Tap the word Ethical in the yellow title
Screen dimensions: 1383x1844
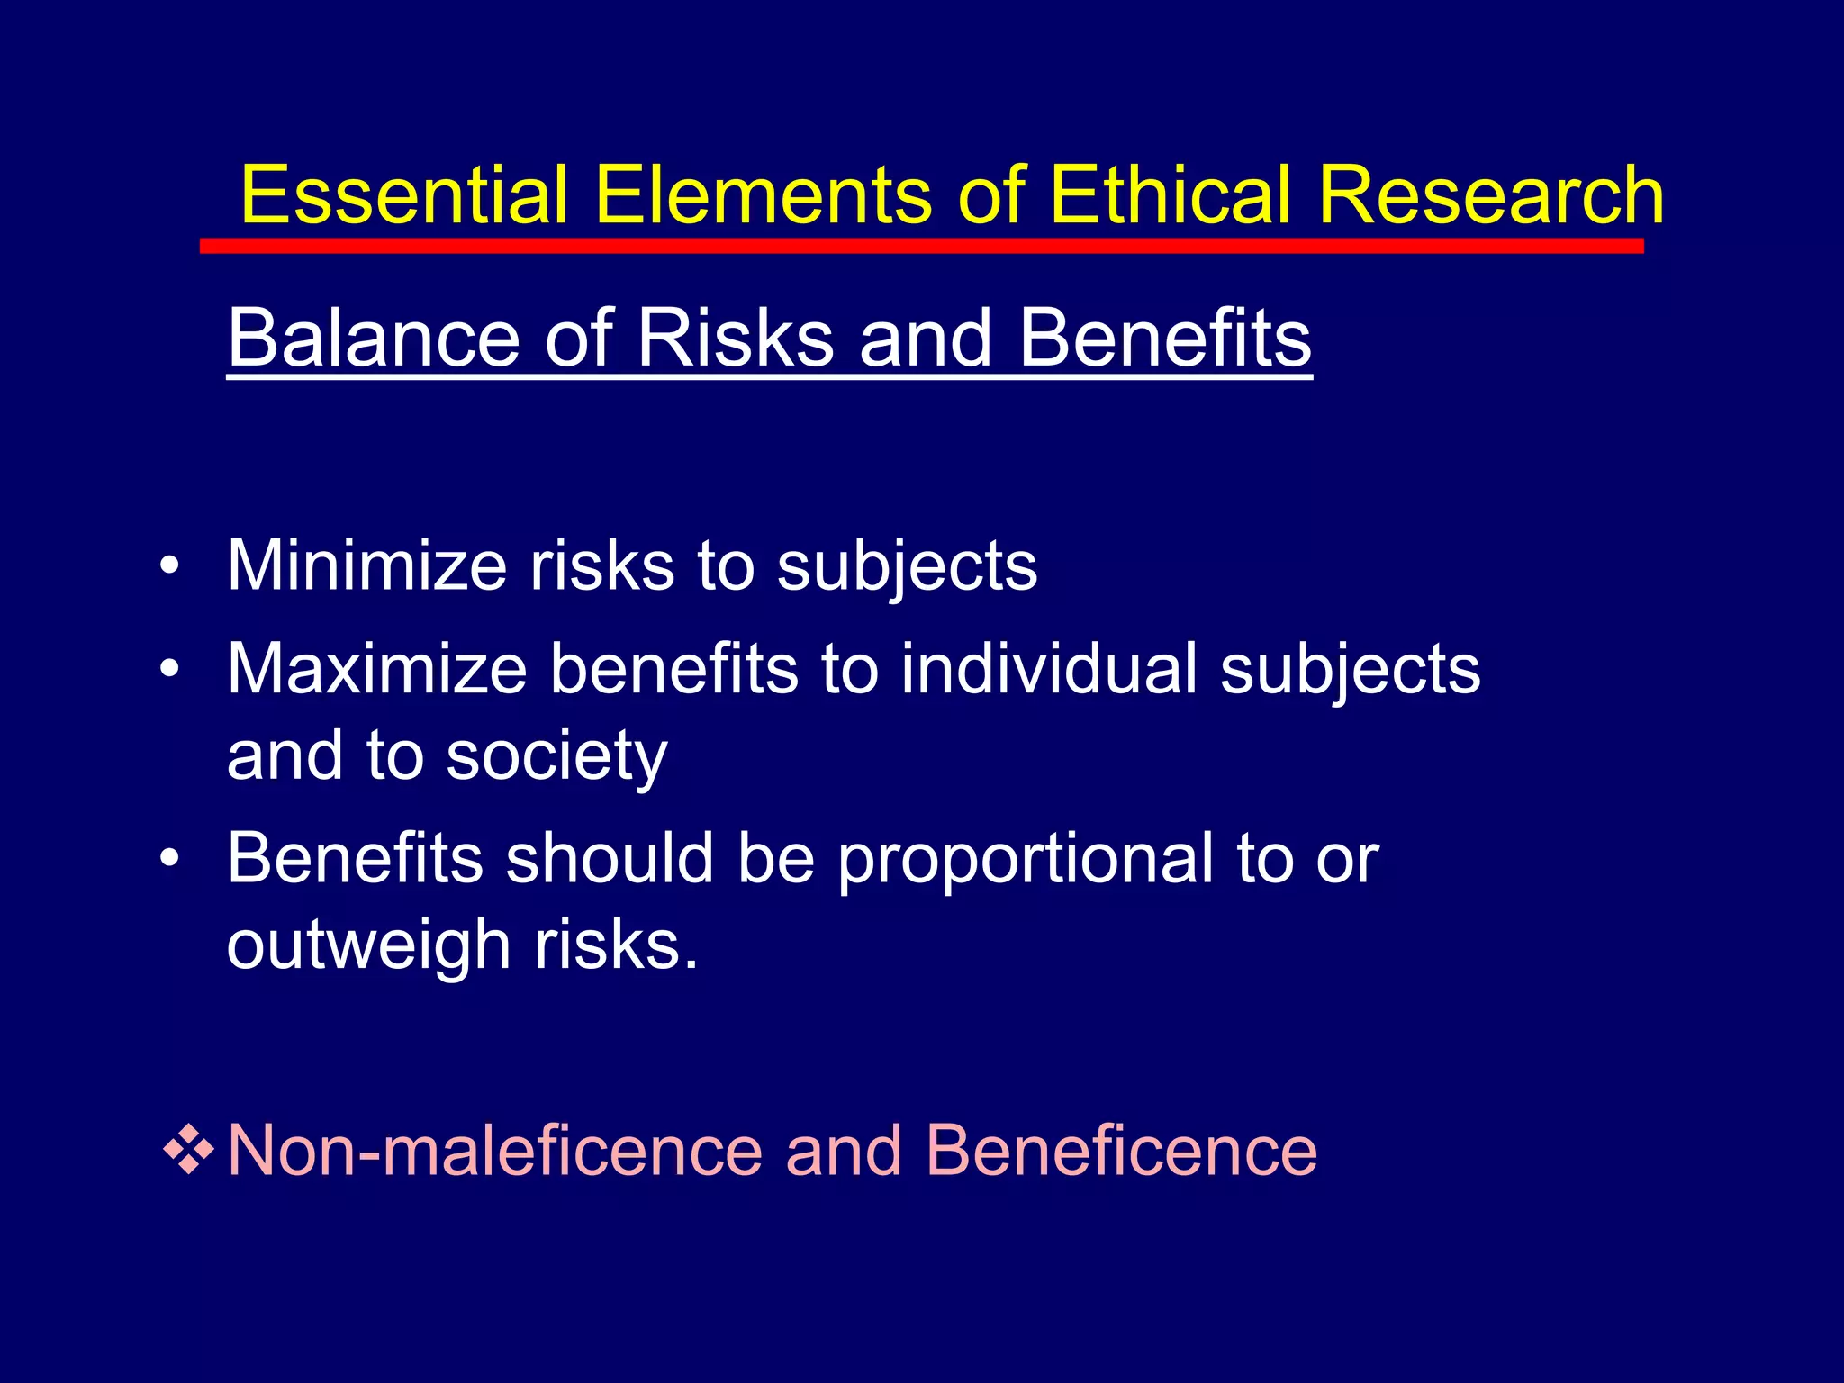click(x=1171, y=195)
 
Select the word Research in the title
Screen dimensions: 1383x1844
click(x=1490, y=195)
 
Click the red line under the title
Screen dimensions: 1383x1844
click(x=921, y=246)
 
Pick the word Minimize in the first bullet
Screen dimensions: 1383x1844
click(x=367, y=565)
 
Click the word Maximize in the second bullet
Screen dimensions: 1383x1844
click(x=376, y=669)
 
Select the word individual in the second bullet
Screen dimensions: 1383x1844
click(x=1050, y=669)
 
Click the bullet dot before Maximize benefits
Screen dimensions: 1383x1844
click(x=169, y=671)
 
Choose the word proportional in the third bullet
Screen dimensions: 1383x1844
click(x=1026, y=860)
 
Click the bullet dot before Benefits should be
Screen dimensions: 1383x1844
click(x=169, y=859)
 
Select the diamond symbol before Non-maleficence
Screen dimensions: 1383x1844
click(x=188, y=1150)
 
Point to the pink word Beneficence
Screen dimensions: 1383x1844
click(x=1121, y=1151)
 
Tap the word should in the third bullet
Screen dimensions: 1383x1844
click(x=610, y=858)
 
